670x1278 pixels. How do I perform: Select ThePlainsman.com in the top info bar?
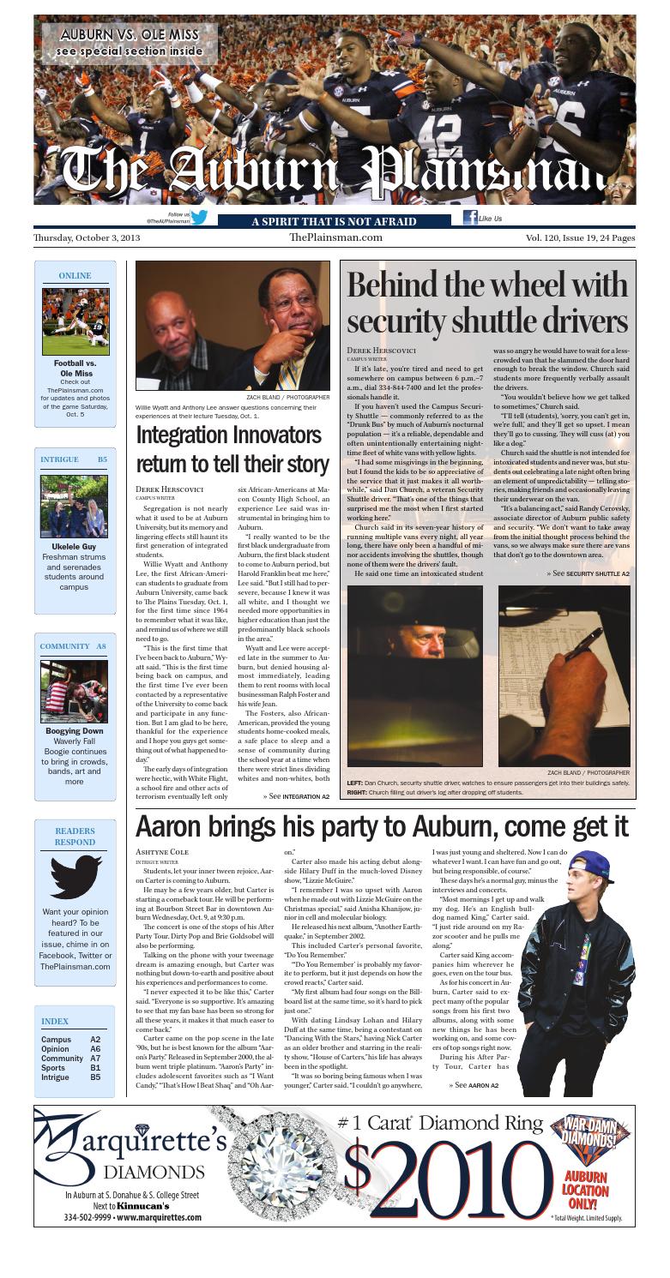pyautogui.click(x=335, y=237)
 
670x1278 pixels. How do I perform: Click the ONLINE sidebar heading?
pyautogui.click(x=74, y=276)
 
